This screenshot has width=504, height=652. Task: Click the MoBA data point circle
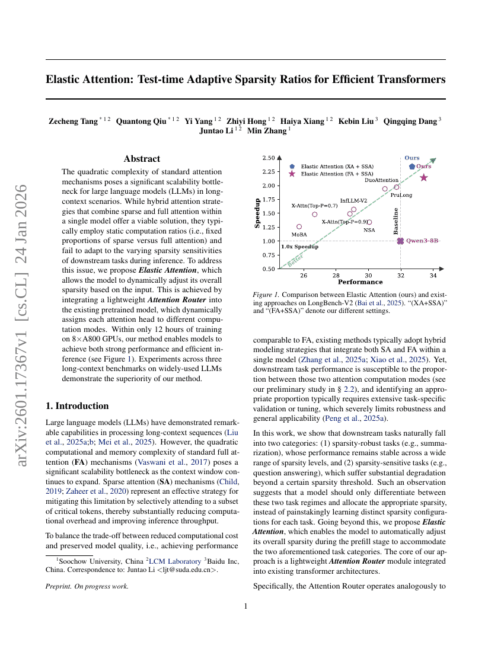coord(299,226)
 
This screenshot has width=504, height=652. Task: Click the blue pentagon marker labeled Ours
coord(412,167)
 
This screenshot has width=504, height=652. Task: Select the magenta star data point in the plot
coord(424,177)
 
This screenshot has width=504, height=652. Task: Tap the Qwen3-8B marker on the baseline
coord(400,241)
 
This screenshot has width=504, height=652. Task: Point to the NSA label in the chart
coord(369,230)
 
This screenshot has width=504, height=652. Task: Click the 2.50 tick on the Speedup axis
coord(268,158)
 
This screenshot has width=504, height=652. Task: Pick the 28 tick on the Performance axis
coord(336,276)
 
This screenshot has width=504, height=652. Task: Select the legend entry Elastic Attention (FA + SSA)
coord(337,174)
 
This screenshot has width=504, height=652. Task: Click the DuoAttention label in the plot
coord(381,180)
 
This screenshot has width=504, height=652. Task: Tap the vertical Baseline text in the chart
coord(395,221)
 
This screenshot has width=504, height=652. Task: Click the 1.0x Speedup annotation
coord(299,247)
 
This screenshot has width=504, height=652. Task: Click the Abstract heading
coord(142,159)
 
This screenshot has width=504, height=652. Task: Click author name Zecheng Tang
coord(72,121)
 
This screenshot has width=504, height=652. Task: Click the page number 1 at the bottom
coord(245,606)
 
